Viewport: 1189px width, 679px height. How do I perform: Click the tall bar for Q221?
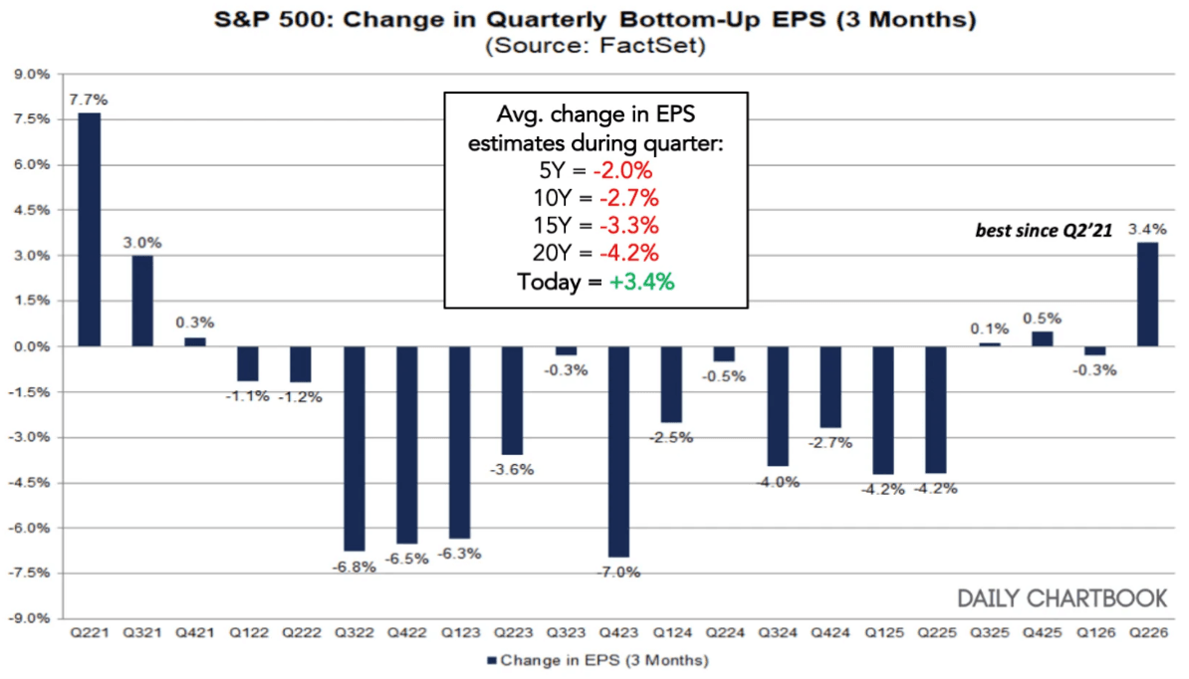(x=89, y=230)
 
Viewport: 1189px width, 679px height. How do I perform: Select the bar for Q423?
(x=618, y=452)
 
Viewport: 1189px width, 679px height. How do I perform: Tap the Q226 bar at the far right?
(x=1147, y=294)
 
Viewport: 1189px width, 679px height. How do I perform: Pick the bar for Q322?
(x=355, y=449)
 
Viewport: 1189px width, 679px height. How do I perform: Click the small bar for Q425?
(x=1042, y=339)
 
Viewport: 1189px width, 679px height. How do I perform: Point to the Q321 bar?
(x=141, y=301)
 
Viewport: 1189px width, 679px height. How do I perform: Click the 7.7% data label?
(x=89, y=100)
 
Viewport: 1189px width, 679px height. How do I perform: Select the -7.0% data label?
(x=618, y=572)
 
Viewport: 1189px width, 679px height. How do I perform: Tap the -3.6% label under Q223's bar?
(x=512, y=469)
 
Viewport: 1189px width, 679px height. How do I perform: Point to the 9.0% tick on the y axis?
(x=31, y=75)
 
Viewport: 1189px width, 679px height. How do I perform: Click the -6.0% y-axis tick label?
(x=29, y=528)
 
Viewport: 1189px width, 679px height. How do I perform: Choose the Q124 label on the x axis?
(x=672, y=632)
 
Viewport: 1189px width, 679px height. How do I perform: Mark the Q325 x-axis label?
(x=990, y=632)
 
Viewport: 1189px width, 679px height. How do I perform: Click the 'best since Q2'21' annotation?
(x=1044, y=230)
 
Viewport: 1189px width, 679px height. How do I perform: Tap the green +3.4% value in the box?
(x=641, y=282)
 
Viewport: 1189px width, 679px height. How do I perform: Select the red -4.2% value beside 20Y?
(x=628, y=253)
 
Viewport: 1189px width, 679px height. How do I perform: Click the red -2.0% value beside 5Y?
(x=622, y=170)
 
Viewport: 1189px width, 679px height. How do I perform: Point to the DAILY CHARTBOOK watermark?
(x=1063, y=598)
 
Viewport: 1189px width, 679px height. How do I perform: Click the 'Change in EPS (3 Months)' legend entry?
(x=598, y=661)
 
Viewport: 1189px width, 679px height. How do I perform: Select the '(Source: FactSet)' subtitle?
(x=595, y=46)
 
